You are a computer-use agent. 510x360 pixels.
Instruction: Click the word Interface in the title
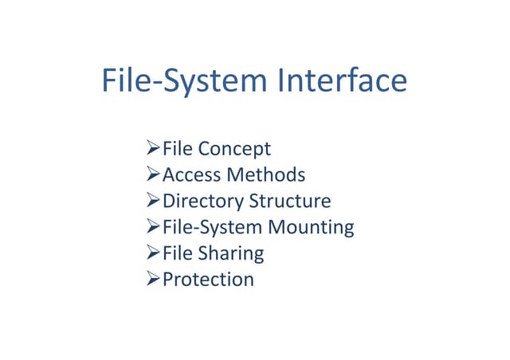[343, 80]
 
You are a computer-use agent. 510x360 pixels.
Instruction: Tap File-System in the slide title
[185, 81]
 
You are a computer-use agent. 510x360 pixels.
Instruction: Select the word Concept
[234, 150]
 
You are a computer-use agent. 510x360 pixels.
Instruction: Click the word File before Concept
[178, 148]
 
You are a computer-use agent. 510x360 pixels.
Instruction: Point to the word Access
[192, 174]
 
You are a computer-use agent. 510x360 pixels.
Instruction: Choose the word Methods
[266, 174]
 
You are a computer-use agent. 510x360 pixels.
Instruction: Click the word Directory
[203, 202]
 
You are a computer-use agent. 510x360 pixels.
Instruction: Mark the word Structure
[290, 201]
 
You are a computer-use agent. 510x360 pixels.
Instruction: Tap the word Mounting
[312, 228]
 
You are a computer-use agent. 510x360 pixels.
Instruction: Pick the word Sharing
[231, 253]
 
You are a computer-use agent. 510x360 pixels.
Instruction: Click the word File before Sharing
[178, 253]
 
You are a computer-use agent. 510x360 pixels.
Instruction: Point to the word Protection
[209, 280]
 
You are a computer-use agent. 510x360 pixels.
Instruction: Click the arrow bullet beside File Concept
[153, 147]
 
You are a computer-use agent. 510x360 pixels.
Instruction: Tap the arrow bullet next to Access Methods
[153, 174]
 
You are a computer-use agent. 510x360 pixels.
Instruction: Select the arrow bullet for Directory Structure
[153, 200]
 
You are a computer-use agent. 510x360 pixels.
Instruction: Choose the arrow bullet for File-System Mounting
[153, 226]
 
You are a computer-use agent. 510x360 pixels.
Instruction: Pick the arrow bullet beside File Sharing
[153, 252]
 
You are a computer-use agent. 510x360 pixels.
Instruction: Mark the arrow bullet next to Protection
[153, 279]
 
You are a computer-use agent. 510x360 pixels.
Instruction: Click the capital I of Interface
[281, 80]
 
